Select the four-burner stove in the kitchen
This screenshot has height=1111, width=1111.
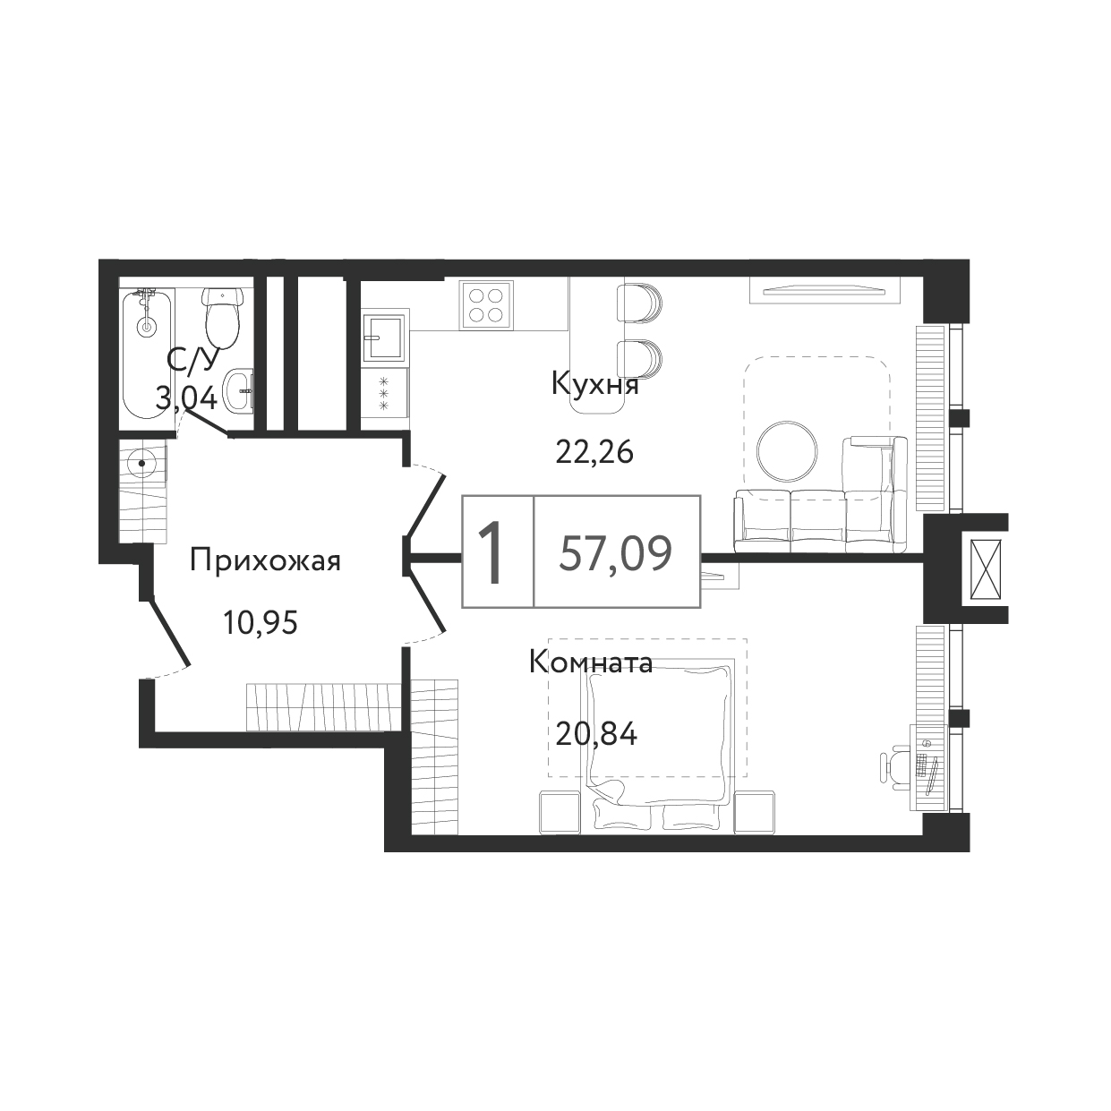tap(485, 305)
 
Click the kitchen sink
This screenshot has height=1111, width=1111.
tap(386, 338)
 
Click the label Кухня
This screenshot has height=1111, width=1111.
tap(595, 384)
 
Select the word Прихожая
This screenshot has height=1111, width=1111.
tap(265, 561)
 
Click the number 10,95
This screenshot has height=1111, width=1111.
tap(261, 623)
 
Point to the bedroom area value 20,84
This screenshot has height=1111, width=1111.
tap(597, 734)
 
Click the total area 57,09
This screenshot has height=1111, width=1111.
tap(616, 553)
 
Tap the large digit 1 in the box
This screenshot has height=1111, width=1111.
tap(491, 552)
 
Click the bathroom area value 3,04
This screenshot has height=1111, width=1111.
tap(185, 397)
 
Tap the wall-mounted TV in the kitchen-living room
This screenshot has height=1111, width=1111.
tap(824, 290)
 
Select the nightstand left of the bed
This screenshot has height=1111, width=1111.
tap(560, 812)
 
